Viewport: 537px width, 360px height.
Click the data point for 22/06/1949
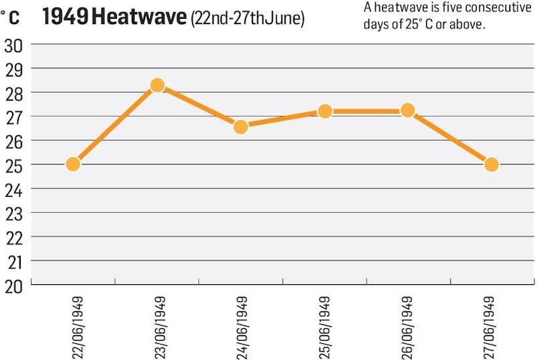(x=73, y=164)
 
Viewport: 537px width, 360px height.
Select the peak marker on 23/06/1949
(x=157, y=85)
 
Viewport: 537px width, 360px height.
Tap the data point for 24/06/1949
(x=241, y=126)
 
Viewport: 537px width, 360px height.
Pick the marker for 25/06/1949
(x=325, y=111)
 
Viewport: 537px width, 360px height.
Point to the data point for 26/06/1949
(x=407, y=111)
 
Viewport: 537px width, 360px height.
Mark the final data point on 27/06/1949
(x=491, y=165)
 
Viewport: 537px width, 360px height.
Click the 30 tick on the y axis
(x=13, y=45)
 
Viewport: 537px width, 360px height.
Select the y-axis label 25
(x=13, y=165)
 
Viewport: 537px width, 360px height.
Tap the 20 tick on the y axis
(x=13, y=285)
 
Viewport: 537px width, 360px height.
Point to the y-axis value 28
(x=13, y=93)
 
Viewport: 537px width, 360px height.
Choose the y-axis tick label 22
(x=13, y=237)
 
